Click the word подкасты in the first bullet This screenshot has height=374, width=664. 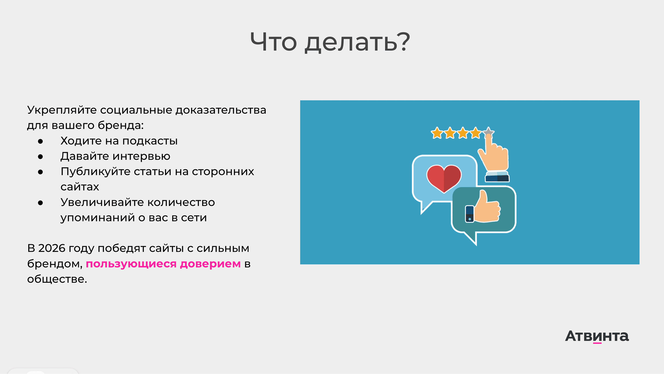click(x=150, y=141)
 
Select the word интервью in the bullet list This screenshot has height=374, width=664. click(x=141, y=156)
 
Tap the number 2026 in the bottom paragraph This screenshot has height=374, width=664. click(x=52, y=248)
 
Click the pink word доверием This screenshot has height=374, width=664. click(x=210, y=264)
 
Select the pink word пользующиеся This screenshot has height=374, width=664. click(x=131, y=264)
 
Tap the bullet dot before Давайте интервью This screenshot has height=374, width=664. click(x=41, y=157)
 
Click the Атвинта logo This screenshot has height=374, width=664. click(x=597, y=336)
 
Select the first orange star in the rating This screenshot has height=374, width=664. click(x=437, y=133)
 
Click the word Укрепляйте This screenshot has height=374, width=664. click(x=62, y=110)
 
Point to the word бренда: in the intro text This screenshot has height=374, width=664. click(x=121, y=125)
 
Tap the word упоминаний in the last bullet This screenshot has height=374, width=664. click(x=98, y=218)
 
